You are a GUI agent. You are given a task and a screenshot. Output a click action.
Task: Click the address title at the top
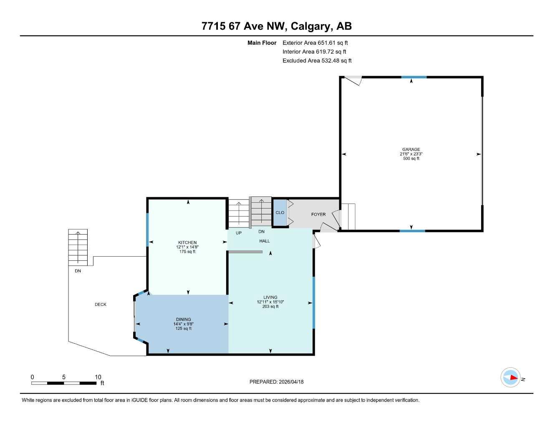click(x=276, y=26)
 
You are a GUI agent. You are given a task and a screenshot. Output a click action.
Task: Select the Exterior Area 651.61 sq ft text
click(x=315, y=43)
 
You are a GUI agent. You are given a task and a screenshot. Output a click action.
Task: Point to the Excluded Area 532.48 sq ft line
click(x=317, y=61)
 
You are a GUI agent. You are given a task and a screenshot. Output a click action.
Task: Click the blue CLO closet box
click(x=280, y=213)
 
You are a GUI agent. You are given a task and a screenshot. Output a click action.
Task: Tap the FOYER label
click(x=318, y=214)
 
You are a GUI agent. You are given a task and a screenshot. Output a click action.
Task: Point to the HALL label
click(x=265, y=241)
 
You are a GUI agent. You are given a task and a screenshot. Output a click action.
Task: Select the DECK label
click(x=101, y=305)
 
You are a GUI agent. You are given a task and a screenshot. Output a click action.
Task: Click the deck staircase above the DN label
click(x=78, y=247)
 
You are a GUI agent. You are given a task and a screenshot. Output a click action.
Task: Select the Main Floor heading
click(x=262, y=43)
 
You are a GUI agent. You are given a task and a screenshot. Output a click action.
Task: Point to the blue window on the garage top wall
click(x=414, y=77)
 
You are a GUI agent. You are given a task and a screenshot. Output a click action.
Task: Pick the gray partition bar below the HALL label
click(x=245, y=252)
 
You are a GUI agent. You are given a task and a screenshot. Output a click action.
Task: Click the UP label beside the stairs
click(x=238, y=233)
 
